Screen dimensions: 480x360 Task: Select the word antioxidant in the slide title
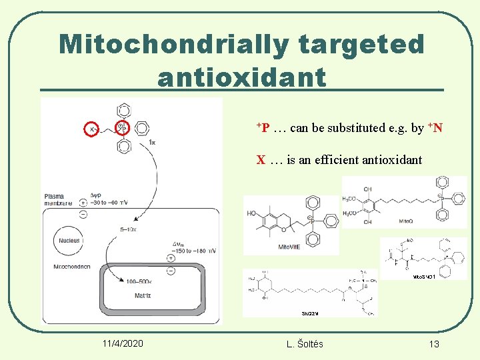[x=242, y=77]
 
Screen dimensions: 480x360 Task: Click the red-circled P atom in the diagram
[x=123, y=128]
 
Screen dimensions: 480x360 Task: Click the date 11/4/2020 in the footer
[x=123, y=343]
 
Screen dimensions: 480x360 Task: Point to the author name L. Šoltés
[x=304, y=343]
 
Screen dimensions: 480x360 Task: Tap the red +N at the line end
[x=435, y=127]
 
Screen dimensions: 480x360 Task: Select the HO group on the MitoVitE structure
[x=251, y=213]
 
